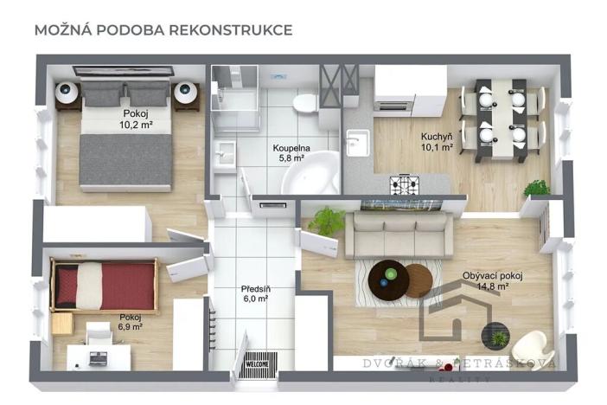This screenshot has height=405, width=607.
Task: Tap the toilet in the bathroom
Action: tap(304, 106)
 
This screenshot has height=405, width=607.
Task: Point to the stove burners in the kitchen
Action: tap(404, 183)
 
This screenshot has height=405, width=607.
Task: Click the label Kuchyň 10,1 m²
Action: tap(437, 142)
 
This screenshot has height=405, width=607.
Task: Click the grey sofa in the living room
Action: tap(398, 235)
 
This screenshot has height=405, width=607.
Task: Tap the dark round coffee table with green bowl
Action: tap(387, 279)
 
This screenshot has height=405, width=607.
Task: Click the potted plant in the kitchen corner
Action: tap(537, 187)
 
